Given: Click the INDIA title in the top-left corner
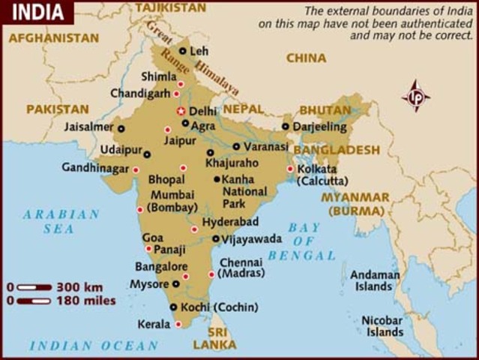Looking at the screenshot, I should (x=35, y=13).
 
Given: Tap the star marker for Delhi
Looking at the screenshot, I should (x=180, y=111).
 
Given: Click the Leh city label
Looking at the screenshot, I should (x=199, y=52).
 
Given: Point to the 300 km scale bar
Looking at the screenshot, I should (x=34, y=287).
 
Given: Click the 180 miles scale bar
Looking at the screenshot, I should (x=34, y=301).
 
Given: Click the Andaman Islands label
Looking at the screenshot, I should (x=373, y=280).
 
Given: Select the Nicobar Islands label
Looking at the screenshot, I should (x=382, y=325).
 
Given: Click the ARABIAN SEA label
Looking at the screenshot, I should (x=61, y=221).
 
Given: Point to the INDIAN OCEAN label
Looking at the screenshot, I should (x=94, y=346).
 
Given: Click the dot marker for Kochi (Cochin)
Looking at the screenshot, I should (x=174, y=307).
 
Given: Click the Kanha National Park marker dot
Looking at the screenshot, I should (x=217, y=179).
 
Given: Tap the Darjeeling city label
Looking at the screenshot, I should (x=319, y=127).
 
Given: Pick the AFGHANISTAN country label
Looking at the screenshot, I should (x=55, y=37).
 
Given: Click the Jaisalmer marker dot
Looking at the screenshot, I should (x=121, y=128).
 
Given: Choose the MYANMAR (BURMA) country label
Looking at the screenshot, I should (x=355, y=203).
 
